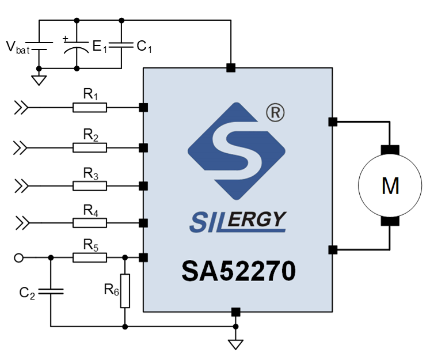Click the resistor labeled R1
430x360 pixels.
coord(89,107)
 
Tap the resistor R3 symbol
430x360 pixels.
coord(89,186)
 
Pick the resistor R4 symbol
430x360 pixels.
coord(89,223)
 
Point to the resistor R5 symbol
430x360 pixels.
coord(89,258)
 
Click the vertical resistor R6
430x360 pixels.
coord(125,291)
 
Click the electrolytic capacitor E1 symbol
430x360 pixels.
coord(77,46)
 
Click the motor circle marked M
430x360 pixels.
coord(390,186)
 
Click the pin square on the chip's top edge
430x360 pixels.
coord(231,68)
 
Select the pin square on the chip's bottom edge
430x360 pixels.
coord(235,312)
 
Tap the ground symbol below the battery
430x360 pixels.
coord(39,79)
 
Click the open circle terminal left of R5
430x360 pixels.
coord(18,258)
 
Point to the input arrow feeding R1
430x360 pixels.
coord(21,107)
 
